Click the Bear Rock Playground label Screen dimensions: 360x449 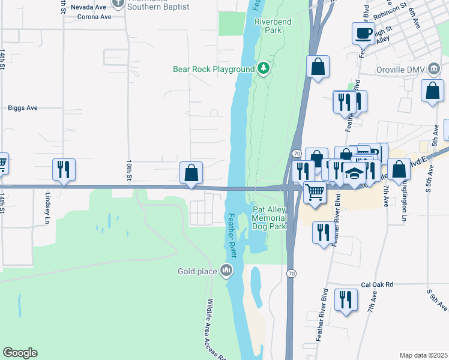214,69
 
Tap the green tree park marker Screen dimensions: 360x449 263,69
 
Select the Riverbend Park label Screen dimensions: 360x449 268,25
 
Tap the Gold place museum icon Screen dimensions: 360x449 226,271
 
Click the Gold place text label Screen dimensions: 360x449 197,271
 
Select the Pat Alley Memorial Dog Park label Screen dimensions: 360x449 270,218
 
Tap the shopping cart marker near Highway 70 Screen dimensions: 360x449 315,192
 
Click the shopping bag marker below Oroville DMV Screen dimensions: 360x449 432,92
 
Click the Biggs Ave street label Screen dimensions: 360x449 23,108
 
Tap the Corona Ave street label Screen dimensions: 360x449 95,17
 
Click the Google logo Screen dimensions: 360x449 20,353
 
